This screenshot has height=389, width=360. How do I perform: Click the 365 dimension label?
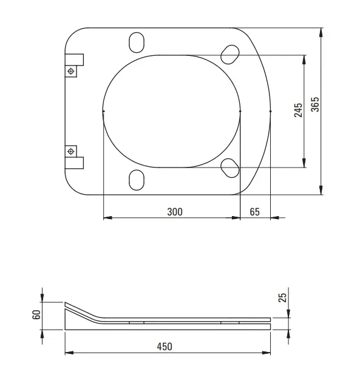[315, 104]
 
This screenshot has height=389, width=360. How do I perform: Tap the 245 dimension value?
[298, 110]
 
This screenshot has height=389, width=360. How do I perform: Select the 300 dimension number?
[175, 212]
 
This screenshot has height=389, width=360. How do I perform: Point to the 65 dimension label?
[255, 212]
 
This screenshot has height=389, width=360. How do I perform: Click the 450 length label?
[165, 347]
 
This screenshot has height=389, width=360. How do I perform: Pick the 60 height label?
[36, 315]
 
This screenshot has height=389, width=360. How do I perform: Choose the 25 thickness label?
[282, 298]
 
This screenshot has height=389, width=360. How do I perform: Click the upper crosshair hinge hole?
[71, 72]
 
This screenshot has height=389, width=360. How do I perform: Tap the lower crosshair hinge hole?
[71, 151]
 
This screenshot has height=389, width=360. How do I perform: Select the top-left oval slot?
[137, 42]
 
